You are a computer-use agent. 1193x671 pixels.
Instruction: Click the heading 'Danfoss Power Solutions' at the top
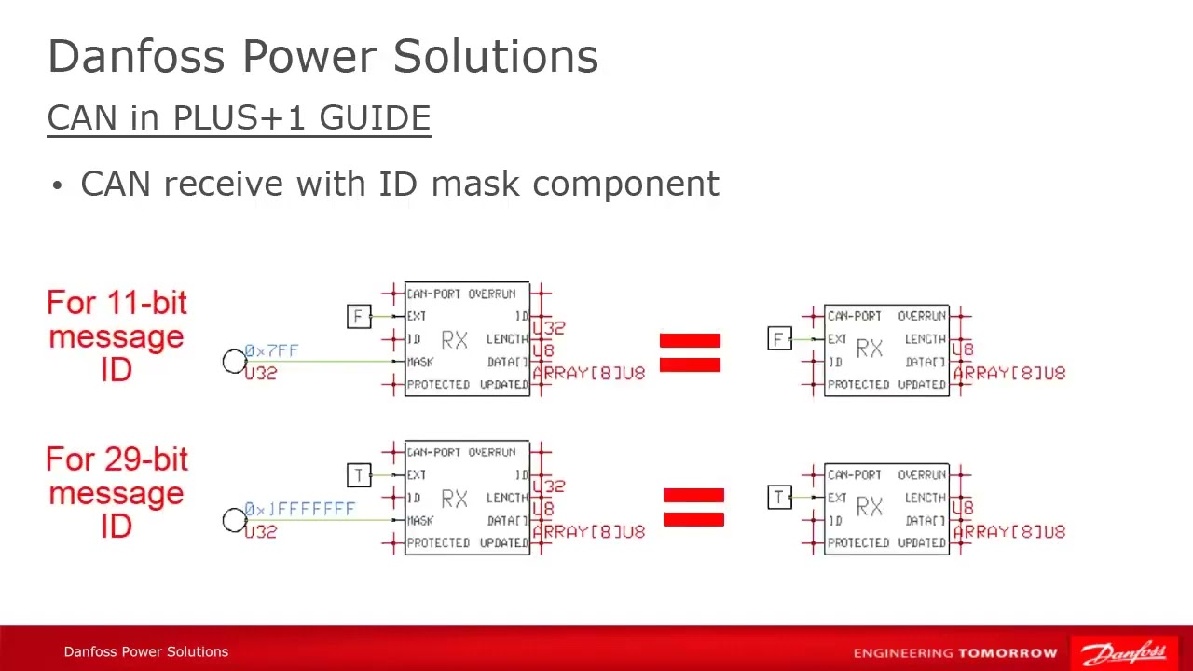click(x=322, y=57)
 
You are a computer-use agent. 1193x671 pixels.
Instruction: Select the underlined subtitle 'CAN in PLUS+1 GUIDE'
click(x=239, y=118)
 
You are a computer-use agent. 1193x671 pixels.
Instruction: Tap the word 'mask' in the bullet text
click(x=474, y=184)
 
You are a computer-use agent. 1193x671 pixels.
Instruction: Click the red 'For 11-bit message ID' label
click(x=117, y=336)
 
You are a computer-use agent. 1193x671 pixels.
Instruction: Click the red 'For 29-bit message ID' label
click(x=117, y=493)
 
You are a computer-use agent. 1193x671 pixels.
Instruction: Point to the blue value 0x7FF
click(x=271, y=350)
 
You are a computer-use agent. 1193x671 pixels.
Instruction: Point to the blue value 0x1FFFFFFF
click(x=299, y=509)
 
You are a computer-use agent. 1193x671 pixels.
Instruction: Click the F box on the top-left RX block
click(x=359, y=316)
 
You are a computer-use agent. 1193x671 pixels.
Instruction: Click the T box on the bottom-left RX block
click(x=359, y=474)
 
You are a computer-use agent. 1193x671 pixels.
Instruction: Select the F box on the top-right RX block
click(x=779, y=338)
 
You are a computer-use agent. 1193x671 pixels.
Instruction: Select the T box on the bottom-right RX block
click(x=779, y=497)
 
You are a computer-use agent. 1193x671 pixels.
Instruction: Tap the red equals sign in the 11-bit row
click(x=690, y=353)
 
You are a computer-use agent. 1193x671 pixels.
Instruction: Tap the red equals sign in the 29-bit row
click(x=693, y=508)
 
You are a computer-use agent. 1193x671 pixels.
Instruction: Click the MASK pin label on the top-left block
click(x=420, y=362)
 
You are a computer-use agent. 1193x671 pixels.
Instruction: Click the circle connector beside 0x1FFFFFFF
click(x=234, y=520)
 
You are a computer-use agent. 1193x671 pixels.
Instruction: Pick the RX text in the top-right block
click(x=869, y=349)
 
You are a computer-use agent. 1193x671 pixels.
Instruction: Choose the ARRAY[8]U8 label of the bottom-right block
click(x=1008, y=531)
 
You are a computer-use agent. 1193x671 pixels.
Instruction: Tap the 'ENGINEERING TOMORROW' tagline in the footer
click(x=955, y=652)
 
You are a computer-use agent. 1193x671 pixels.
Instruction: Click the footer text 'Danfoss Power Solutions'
click(x=145, y=651)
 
